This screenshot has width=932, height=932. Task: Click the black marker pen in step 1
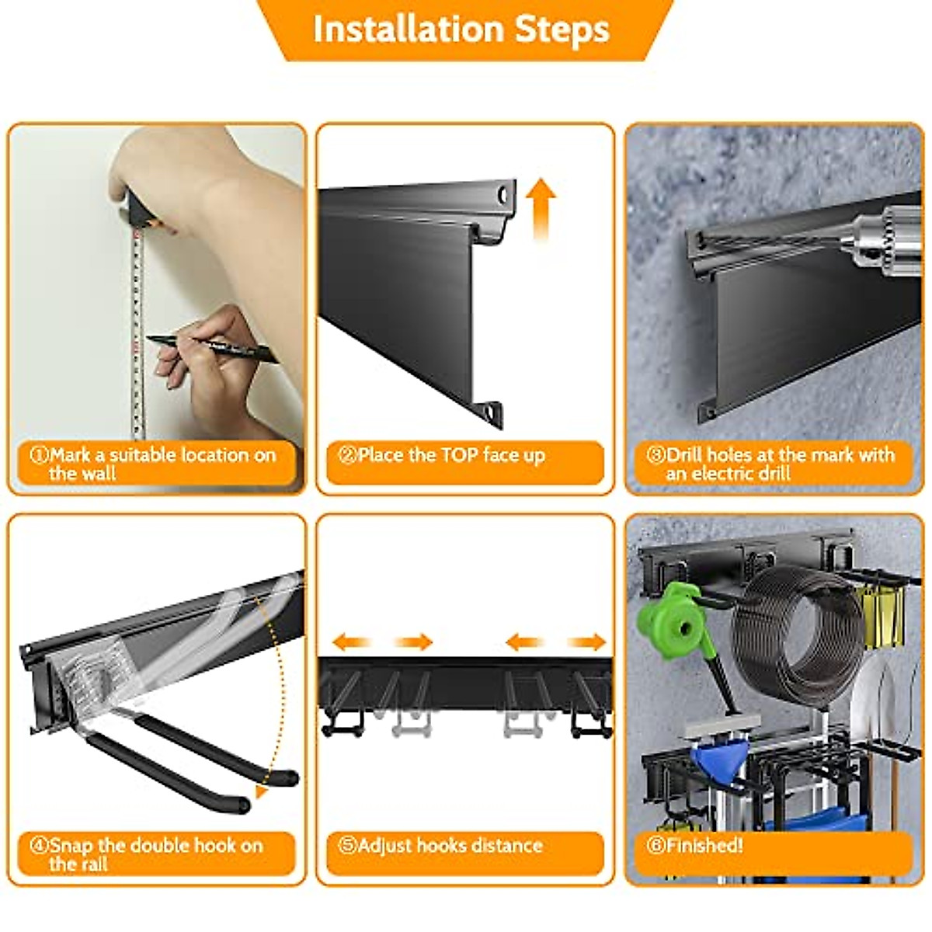pos(212,348)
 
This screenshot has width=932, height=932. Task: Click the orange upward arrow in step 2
pos(541,209)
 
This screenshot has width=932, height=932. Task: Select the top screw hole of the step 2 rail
pos(503,196)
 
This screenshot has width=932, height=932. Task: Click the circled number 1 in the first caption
pos(39,455)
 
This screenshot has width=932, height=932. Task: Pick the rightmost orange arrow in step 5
pos(586,643)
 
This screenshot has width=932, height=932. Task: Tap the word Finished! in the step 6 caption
pos(704,845)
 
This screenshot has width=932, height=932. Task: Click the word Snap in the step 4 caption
pos(71,846)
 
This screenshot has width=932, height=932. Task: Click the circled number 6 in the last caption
pos(656,845)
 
